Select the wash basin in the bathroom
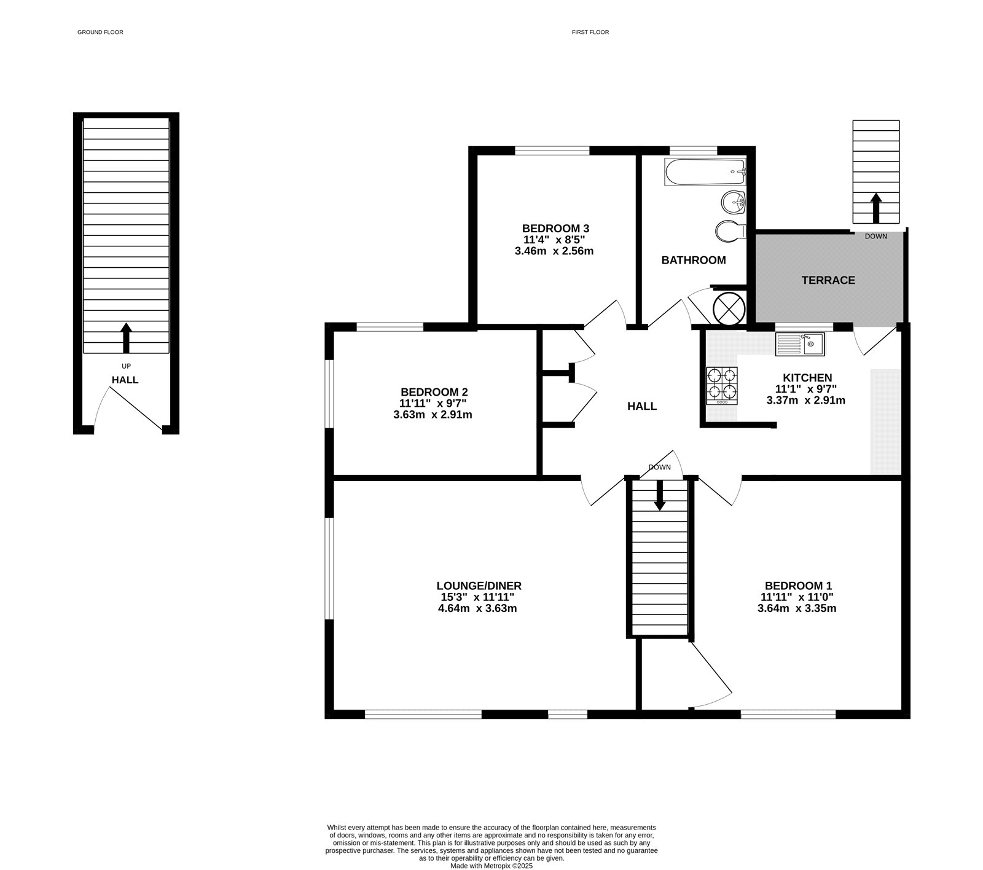click(733, 202)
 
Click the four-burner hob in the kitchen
click(722, 385)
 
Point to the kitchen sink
click(800, 344)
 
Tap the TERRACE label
click(828, 280)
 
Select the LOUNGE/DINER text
click(479, 586)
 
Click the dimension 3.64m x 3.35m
click(797, 608)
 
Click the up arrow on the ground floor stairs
click(126, 337)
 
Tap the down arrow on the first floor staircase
click(660, 495)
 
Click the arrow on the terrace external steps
click(875, 208)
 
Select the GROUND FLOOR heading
click(100, 32)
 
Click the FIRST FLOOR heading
click(590, 32)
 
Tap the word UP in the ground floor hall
click(126, 366)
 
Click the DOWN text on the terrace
click(875, 236)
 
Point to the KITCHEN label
click(807, 378)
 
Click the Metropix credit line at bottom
click(491, 866)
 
